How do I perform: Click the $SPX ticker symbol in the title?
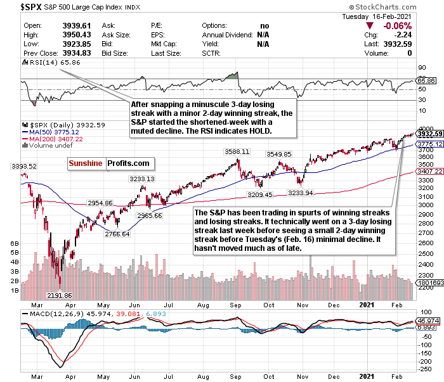pos(17,7)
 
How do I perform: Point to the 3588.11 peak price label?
pos(237,153)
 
